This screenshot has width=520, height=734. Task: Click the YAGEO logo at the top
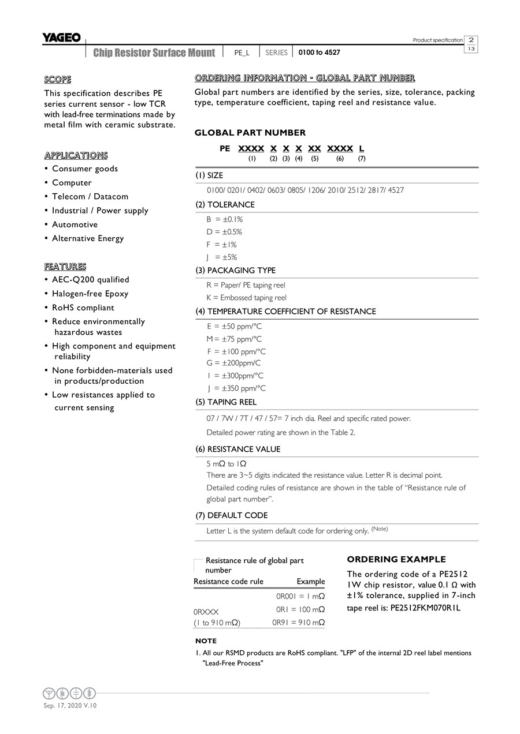pos(61,38)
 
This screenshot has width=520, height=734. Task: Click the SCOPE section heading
pos(58,80)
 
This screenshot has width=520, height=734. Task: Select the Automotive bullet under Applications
pos(75,224)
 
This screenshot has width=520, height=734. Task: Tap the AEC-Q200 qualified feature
pos(90,280)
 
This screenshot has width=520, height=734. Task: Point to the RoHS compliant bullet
pos(83,308)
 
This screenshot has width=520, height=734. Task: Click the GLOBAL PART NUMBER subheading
pos(250,133)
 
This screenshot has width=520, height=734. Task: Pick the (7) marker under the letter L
pos(362,159)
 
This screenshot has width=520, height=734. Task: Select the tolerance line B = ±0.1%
pos(225,219)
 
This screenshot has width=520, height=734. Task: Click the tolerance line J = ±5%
pos(222,257)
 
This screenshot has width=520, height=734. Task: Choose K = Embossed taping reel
pos(246,298)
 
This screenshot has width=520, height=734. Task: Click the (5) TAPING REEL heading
pos(226,402)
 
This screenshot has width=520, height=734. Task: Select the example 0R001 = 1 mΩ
pos(300,596)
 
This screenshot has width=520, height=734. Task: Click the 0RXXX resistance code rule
pos(206,611)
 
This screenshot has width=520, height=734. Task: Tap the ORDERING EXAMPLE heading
pos(396,559)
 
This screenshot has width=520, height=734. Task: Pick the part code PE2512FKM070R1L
pos(426,608)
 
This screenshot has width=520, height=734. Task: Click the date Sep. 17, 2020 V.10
pos(70,706)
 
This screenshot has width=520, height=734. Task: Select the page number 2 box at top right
pos(471,40)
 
